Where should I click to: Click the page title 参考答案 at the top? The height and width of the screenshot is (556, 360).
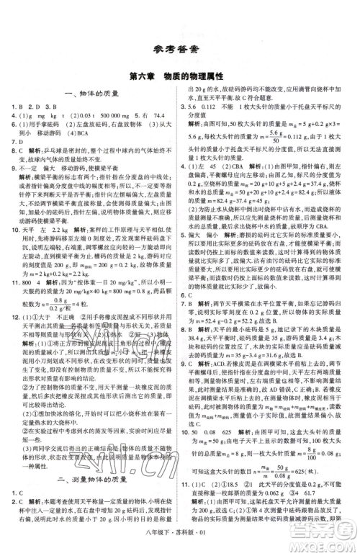(x=180, y=49)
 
